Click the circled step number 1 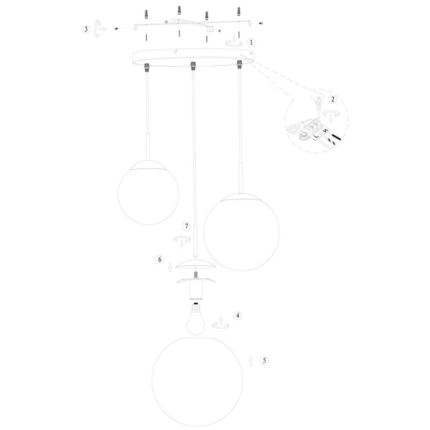(x=251, y=42)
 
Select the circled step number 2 (x=333, y=99)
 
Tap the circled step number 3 (x=86, y=29)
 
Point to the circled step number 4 (x=238, y=316)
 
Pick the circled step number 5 (x=264, y=361)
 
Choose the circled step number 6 (x=160, y=259)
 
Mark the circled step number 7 (x=187, y=226)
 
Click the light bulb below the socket (x=196, y=319)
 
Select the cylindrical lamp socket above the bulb (x=196, y=289)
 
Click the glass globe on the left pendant (x=148, y=192)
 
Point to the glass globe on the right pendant (x=241, y=232)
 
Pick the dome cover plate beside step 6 (x=196, y=264)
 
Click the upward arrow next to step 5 (x=250, y=361)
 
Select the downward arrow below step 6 (x=170, y=267)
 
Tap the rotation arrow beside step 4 (x=220, y=323)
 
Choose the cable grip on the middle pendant (x=193, y=65)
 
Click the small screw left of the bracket (x=116, y=28)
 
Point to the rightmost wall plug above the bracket (x=239, y=11)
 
